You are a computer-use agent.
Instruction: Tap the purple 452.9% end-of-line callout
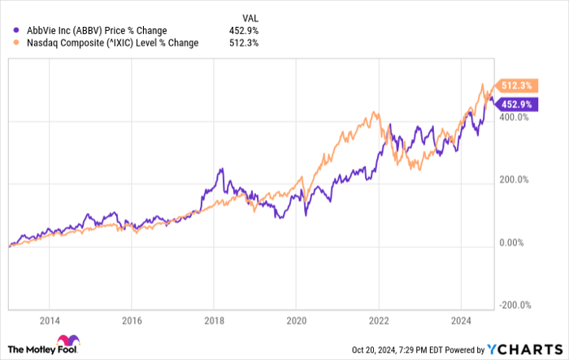point(515,104)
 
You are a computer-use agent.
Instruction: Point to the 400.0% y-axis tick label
point(515,117)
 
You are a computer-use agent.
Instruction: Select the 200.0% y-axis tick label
point(515,180)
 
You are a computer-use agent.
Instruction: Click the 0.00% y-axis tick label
point(512,242)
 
